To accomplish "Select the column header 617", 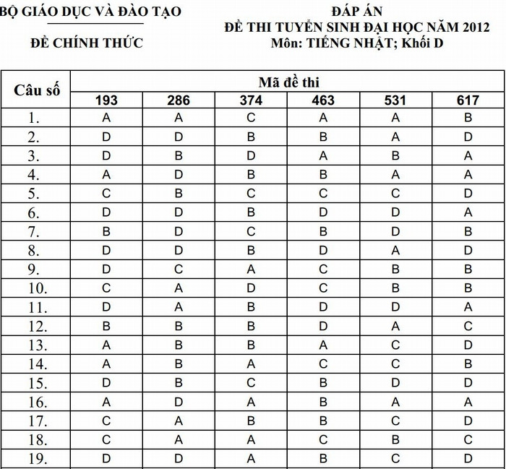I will point(468,100).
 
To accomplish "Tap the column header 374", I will point(251,100).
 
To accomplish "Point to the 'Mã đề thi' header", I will point(288,82).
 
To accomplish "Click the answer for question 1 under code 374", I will point(251,117).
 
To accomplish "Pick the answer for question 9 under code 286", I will point(179,269).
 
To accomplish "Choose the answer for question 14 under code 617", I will point(468,363).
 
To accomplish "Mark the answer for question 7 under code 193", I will point(106,231).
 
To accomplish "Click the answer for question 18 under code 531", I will point(395,439).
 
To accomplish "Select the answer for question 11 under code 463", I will point(323,306).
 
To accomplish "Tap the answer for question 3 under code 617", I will point(468,155).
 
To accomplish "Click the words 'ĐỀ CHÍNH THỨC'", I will point(87,43).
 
